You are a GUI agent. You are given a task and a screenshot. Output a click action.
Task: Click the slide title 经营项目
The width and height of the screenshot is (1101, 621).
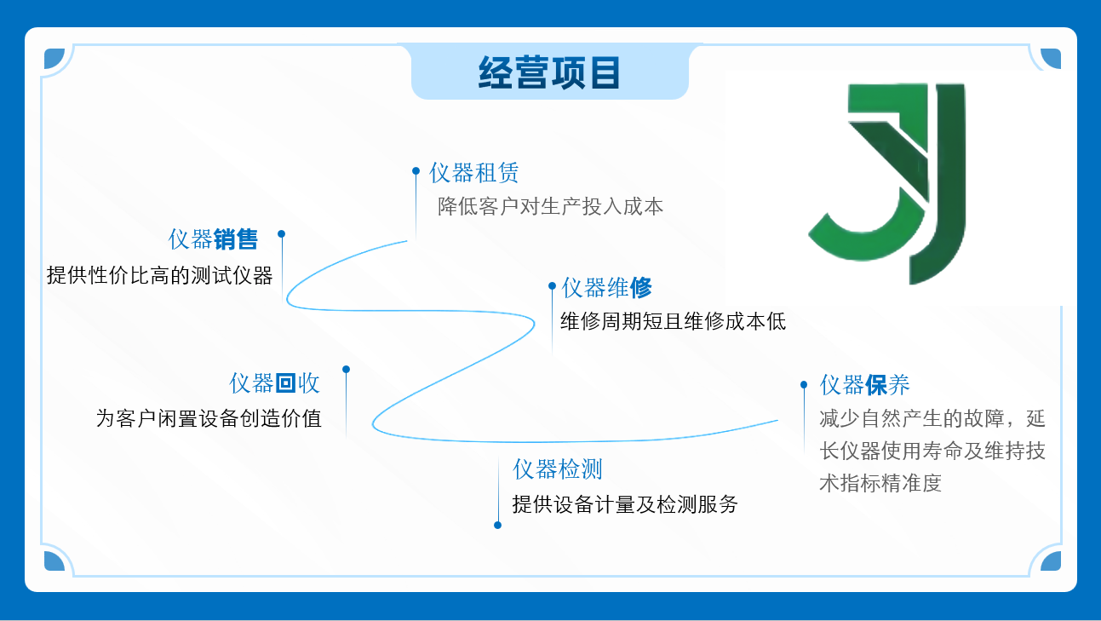(x=549, y=72)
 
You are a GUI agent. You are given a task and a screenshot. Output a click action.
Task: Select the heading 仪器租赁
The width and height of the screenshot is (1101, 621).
(x=473, y=173)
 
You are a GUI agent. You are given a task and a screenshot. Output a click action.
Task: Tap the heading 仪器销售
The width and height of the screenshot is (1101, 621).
(x=213, y=239)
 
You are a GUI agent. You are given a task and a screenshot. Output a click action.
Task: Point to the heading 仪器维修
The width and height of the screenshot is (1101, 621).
(x=606, y=288)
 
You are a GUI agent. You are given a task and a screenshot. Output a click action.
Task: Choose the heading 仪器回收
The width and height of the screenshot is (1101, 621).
(x=275, y=383)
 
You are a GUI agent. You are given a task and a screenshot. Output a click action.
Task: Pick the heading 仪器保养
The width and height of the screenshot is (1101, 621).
(x=864, y=384)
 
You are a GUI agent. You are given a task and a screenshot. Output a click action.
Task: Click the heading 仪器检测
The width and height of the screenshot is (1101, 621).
(x=558, y=469)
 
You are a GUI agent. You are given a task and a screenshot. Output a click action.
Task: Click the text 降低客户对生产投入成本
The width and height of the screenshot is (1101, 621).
(x=550, y=206)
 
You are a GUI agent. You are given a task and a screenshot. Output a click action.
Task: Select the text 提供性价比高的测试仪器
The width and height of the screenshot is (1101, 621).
(x=160, y=275)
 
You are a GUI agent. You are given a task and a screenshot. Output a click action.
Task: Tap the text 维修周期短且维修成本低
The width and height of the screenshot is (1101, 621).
(x=674, y=321)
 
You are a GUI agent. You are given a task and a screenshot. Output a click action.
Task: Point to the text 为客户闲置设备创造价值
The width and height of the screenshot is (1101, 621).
(x=209, y=419)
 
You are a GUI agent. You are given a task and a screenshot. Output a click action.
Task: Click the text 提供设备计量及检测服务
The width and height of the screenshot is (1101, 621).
(x=625, y=504)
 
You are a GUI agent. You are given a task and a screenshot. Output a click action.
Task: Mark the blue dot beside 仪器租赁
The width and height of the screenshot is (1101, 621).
(x=416, y=171)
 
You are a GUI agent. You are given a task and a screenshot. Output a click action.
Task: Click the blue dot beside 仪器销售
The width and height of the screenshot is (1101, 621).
(x=282, y=234)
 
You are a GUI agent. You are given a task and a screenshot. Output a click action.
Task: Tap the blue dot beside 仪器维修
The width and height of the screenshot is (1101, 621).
(x=552, y=285)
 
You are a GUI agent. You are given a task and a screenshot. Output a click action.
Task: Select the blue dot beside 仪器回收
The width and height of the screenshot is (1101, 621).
(x=346, y=369)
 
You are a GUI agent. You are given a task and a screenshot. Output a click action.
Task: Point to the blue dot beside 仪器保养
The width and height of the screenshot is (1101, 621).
(x=804, y=384)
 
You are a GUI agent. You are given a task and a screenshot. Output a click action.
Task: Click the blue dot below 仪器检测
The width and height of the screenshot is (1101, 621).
(x=497, y=525)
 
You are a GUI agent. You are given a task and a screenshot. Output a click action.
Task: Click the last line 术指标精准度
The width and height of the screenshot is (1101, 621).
(x=880, y=483)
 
